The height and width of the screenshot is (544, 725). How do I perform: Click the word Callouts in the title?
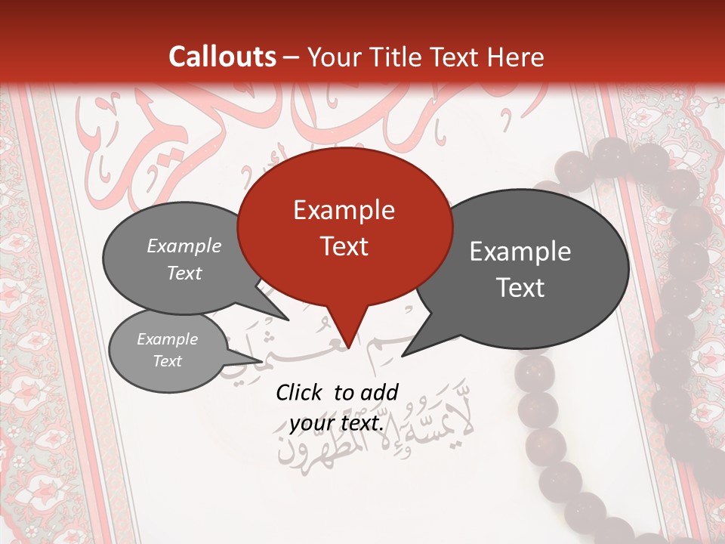pos(223,57)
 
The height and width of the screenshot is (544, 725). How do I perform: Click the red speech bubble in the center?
pos(344,227)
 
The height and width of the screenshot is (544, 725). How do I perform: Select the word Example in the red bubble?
pos(344,210)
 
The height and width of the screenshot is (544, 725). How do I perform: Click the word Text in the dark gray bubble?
pos(520,288)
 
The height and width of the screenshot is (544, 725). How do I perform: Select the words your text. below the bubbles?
pos(337,423)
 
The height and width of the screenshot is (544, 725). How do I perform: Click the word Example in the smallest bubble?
pos(168,339)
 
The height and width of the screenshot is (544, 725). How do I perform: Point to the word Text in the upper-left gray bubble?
pos(184,273)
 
